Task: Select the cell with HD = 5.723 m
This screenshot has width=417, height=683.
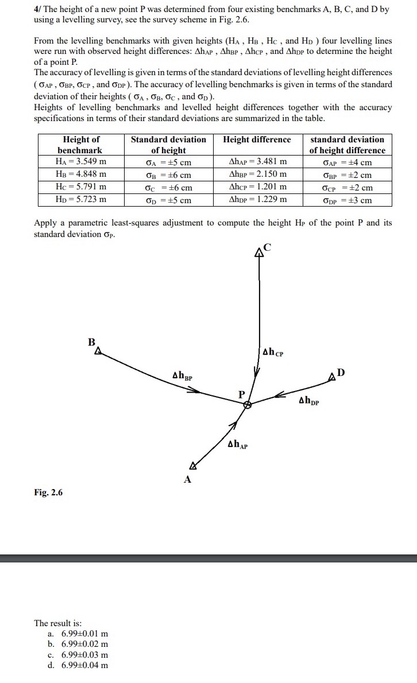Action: [x=80, y=200]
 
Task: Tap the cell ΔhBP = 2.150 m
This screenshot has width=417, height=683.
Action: [x=257, y=174]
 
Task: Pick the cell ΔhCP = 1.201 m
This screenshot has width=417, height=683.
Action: [x=257, y=187]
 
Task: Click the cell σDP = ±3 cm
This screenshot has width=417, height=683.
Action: [x=347, y=200]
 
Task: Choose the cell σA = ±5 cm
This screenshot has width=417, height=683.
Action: [x=168, y=163]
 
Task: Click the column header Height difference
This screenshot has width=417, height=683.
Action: [x=257, y=139]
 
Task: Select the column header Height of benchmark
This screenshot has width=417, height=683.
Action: [x=80, y=145]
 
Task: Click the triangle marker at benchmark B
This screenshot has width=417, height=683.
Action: [x=98, y=350]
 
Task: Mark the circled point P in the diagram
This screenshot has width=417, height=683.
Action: [x=247, y=405]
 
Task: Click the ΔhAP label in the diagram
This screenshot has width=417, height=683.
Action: [x=238, y=444]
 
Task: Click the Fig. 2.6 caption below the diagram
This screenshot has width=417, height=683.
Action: [x=48, y=492]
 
